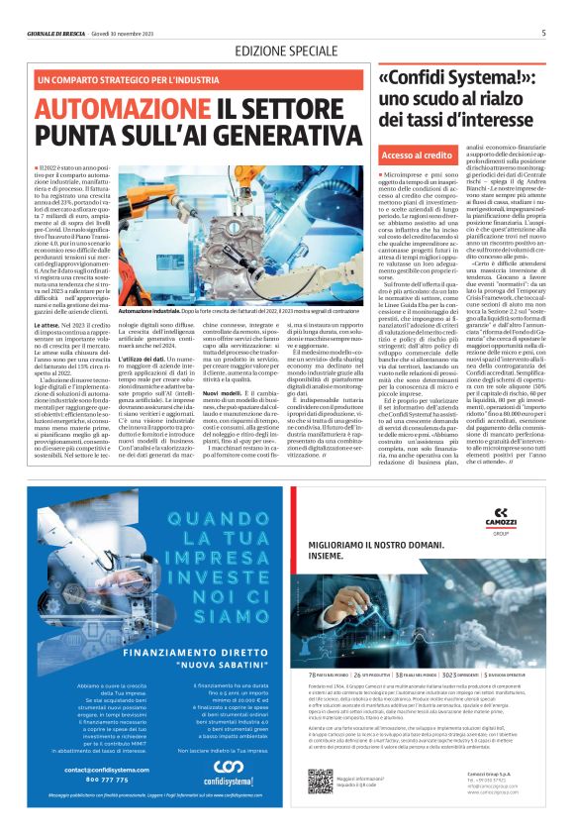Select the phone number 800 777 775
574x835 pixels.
(82, 779)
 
